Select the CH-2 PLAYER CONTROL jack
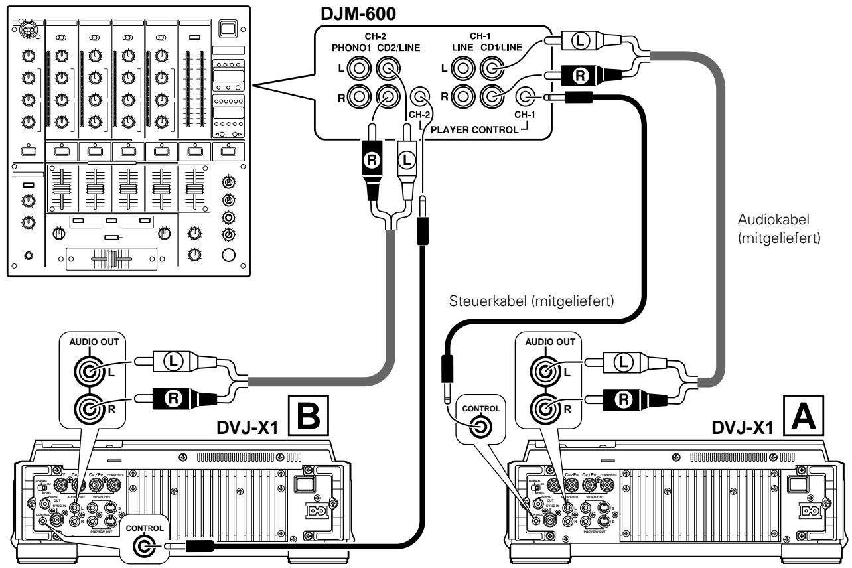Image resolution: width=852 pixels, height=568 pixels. click(x=419, y=99)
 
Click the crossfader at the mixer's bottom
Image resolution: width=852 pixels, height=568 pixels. click(x=113, y=259)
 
